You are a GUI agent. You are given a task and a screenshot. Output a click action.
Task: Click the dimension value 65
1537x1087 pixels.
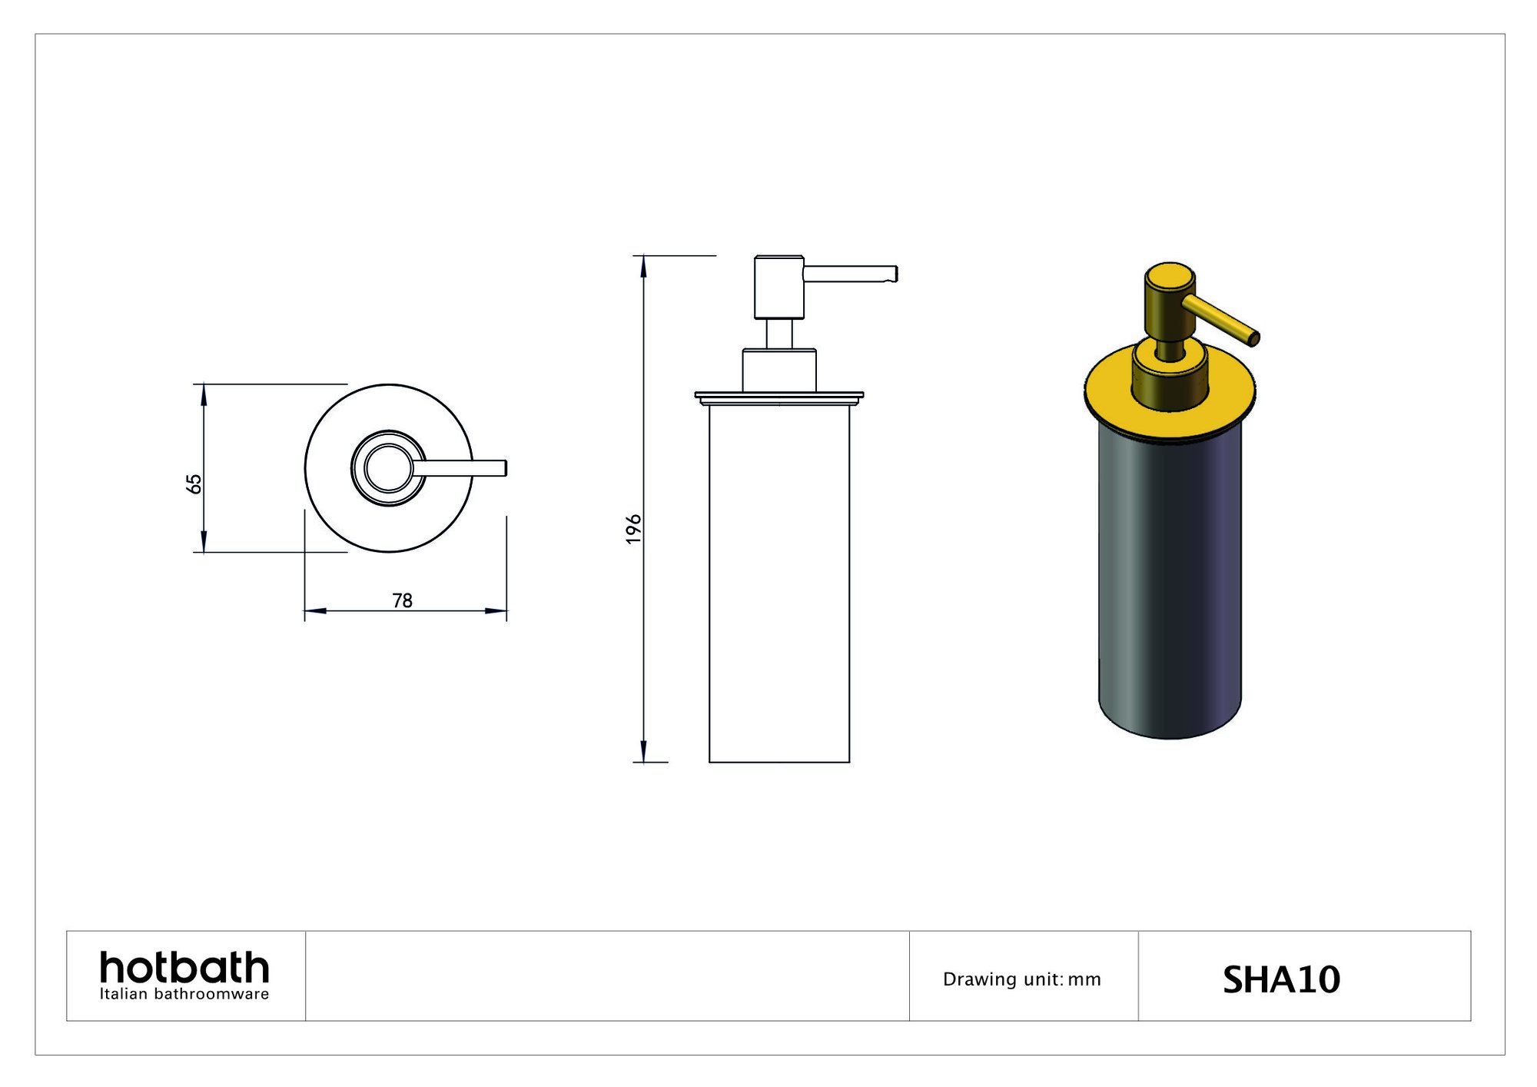click(194, 484)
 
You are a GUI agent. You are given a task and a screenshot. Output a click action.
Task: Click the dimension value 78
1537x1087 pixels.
click(402, 600)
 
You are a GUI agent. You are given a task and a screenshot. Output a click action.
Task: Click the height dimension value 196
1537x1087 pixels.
click(633, 529)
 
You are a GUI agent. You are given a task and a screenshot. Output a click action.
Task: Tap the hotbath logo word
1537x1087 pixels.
click(184, 967)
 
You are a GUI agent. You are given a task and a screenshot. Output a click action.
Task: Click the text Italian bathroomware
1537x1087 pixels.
click(184, 994)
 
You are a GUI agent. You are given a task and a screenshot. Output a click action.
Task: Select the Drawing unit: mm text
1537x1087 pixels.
click(1021, 979)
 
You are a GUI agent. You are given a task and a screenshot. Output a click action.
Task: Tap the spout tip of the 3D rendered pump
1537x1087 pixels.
click(1253, 337)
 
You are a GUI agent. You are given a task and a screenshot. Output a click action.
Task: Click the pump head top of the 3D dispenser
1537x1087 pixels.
click(1170, 274)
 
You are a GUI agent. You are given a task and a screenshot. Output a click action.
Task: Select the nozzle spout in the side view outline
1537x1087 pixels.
click(849, 274)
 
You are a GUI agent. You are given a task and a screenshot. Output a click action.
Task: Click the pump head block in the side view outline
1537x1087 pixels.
click(779, 287)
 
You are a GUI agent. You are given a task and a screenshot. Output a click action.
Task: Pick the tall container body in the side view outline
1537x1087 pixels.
click(779, 584)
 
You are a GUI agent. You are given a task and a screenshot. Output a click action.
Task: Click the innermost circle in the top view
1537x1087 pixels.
click(389, 468)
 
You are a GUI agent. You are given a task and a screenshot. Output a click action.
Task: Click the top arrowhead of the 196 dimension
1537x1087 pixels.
click(644, 265)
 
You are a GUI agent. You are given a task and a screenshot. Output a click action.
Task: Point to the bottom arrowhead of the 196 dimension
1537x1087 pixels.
click(644, 752)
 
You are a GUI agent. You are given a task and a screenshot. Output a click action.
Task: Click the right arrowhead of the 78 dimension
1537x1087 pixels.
click(496, 611)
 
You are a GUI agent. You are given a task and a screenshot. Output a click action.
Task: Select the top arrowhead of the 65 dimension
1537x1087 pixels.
click(204, 394)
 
